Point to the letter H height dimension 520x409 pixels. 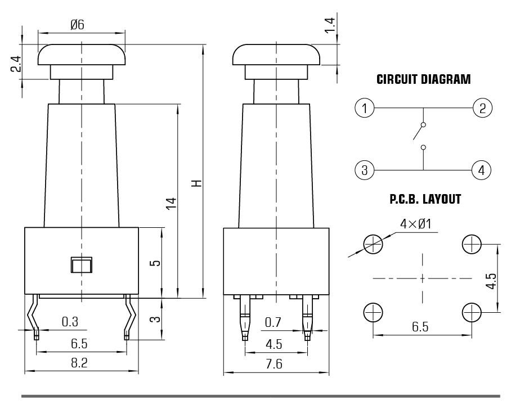click(x=196, y=183)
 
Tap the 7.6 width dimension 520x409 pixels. click(x=274, y=364)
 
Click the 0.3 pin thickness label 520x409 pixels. click(x=70, y=322)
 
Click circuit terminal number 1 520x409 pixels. click(x=365, y=107)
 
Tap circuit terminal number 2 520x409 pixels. click(x=482, y=107)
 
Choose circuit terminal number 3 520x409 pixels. click(x=365, y=169)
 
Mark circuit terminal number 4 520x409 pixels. click(x=482, y=169)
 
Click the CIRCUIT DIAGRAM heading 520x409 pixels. click(x=423, y=79)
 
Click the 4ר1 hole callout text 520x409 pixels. click(x=415, y=224)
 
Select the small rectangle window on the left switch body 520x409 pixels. click(x=82, y=264)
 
